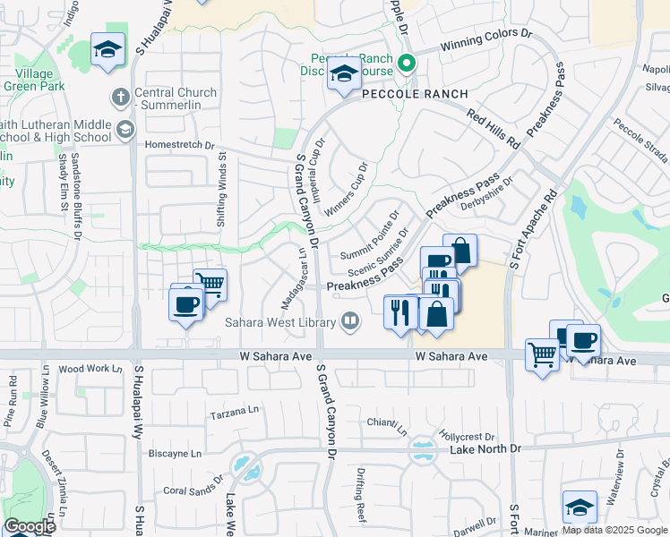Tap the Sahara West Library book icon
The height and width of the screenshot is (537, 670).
(x=351, y=321)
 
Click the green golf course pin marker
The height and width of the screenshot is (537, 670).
(x=406, y=63)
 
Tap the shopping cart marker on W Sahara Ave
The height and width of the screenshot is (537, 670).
(x=542, y=356)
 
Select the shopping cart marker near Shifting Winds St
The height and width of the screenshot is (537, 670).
(x=210, y=284)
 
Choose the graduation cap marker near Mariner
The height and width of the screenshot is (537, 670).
(x=580, y=506)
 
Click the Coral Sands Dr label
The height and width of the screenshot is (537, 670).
(x=193, y=490)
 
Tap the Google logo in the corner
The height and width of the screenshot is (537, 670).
(x=30, y=526)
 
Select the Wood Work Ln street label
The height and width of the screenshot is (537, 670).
(x=90, y=369)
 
